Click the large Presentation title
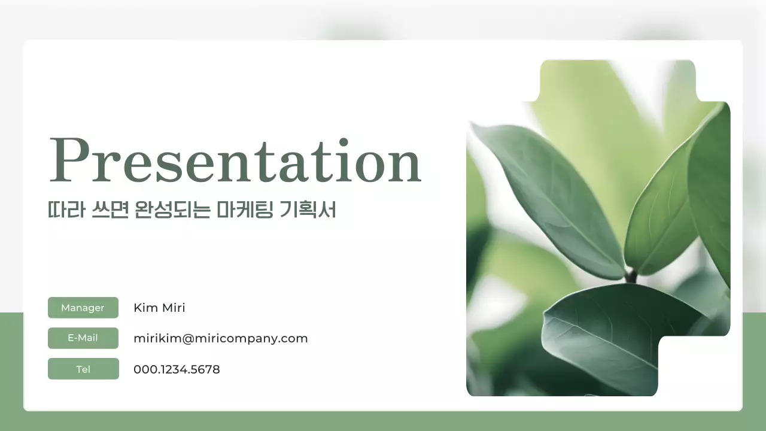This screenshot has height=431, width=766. tap(235, 160)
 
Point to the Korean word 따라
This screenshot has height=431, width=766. tap(63, 210)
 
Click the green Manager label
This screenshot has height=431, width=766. tap(83, 308)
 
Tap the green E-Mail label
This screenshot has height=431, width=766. tap(83, 338)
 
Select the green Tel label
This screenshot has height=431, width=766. tap(83, 369)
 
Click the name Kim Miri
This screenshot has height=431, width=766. tap(159, 308)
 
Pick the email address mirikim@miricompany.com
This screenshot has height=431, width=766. tap(220, 338)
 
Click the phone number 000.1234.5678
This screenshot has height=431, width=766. tap(177, 369)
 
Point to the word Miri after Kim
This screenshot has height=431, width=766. tap(174, 308)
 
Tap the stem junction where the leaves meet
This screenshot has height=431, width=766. tap(630, 276)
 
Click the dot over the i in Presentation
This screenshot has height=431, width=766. tap(344, 141)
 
